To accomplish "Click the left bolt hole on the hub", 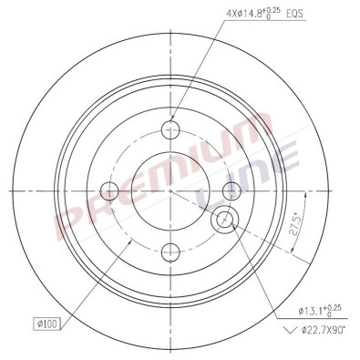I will pyautogui.click(x=109, y=190).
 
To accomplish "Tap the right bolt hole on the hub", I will pyautogui.click(x=231, y=190).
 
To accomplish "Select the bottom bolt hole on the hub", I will pyautogui.click(x=170, y=252).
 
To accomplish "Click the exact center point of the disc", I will pyautogui.click(x=170, y=190).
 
